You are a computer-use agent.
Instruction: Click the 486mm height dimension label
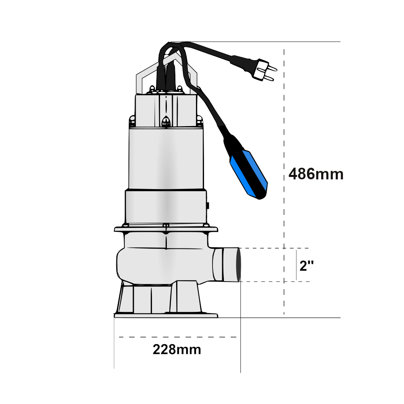(x=316, y=174)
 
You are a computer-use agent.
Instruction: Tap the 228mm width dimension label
(x=177, y=349)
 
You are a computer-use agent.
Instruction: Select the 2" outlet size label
(x=307, y=265)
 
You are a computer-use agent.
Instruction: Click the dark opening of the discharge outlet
(x=239, y=265)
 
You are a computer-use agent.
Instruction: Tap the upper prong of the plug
(x=271, y=68)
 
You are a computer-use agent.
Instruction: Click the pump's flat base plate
(x=166, y=316)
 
